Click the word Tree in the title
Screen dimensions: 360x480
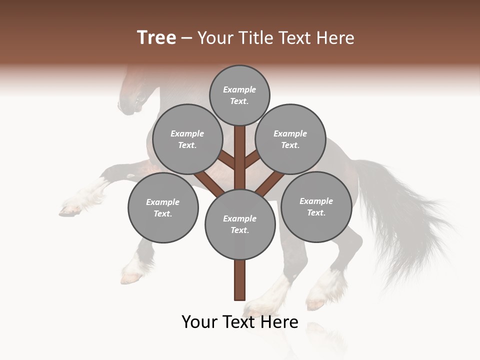[x=156, y=37]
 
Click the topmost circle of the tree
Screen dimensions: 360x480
[x=239, y=95]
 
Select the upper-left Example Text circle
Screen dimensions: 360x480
[x=187, y=139]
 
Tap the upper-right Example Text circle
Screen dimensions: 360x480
[x=290, y=139]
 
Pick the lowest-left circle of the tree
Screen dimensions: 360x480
[x=163, y=207]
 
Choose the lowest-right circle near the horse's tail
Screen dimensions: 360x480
[x=316, y=206]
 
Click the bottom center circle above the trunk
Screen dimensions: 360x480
[x=240, y=224]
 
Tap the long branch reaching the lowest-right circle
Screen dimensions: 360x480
[x=270, y=182]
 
